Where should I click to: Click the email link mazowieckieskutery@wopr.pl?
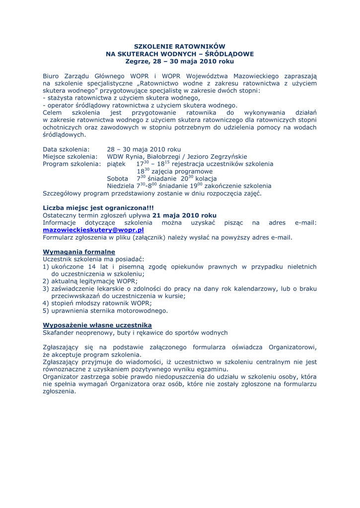tap(93, 230)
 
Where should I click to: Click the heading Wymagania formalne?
tap(79, 252)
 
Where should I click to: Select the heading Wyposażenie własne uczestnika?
tap(97, 324)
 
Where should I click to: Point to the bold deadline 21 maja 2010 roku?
tap(184, 215)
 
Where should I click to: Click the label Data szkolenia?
tap(66, 149)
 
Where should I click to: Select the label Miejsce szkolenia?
tap(70, 157)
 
